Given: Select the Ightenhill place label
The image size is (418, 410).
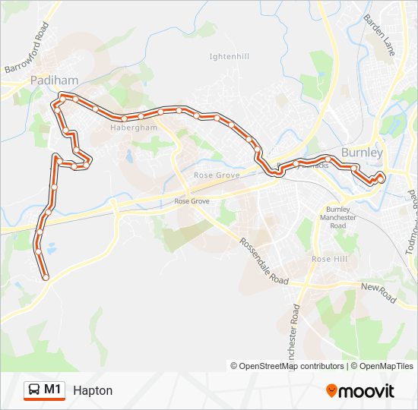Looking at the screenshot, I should coord(229,56).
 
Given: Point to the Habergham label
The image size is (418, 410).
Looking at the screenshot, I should coord(133,128).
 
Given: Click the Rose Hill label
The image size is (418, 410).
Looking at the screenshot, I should coord(329,259).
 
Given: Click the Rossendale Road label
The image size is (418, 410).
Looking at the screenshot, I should coord(264,260).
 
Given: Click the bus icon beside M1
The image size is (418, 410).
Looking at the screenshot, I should coord(34,390).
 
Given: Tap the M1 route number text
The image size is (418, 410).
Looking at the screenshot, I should coord(53,390).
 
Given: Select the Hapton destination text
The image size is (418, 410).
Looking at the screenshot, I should coord(93,390).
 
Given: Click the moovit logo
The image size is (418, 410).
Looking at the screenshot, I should coord(360,391).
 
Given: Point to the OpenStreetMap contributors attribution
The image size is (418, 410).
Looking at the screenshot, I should coord(287,366).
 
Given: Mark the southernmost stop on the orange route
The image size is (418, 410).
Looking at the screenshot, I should coord(46,278).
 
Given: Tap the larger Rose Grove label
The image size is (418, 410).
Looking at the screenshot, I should coord(217,175).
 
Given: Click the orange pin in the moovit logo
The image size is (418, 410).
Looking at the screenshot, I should coord(332,391).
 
